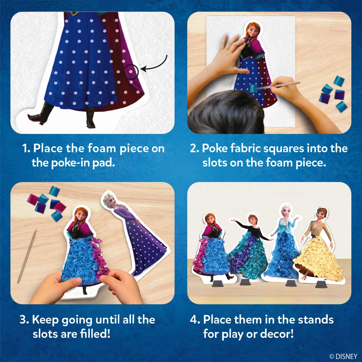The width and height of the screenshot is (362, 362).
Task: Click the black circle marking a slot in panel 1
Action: pos(131,72)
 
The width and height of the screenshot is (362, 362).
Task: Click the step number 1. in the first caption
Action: pos(26,148)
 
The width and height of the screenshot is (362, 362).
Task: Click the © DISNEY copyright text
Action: pos(343,356)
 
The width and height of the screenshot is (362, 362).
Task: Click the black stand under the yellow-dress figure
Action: pos(321,284)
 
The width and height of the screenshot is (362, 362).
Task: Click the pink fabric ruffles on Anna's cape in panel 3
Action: pos(99,256)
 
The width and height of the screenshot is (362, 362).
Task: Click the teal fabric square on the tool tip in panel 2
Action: pos(254,88)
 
